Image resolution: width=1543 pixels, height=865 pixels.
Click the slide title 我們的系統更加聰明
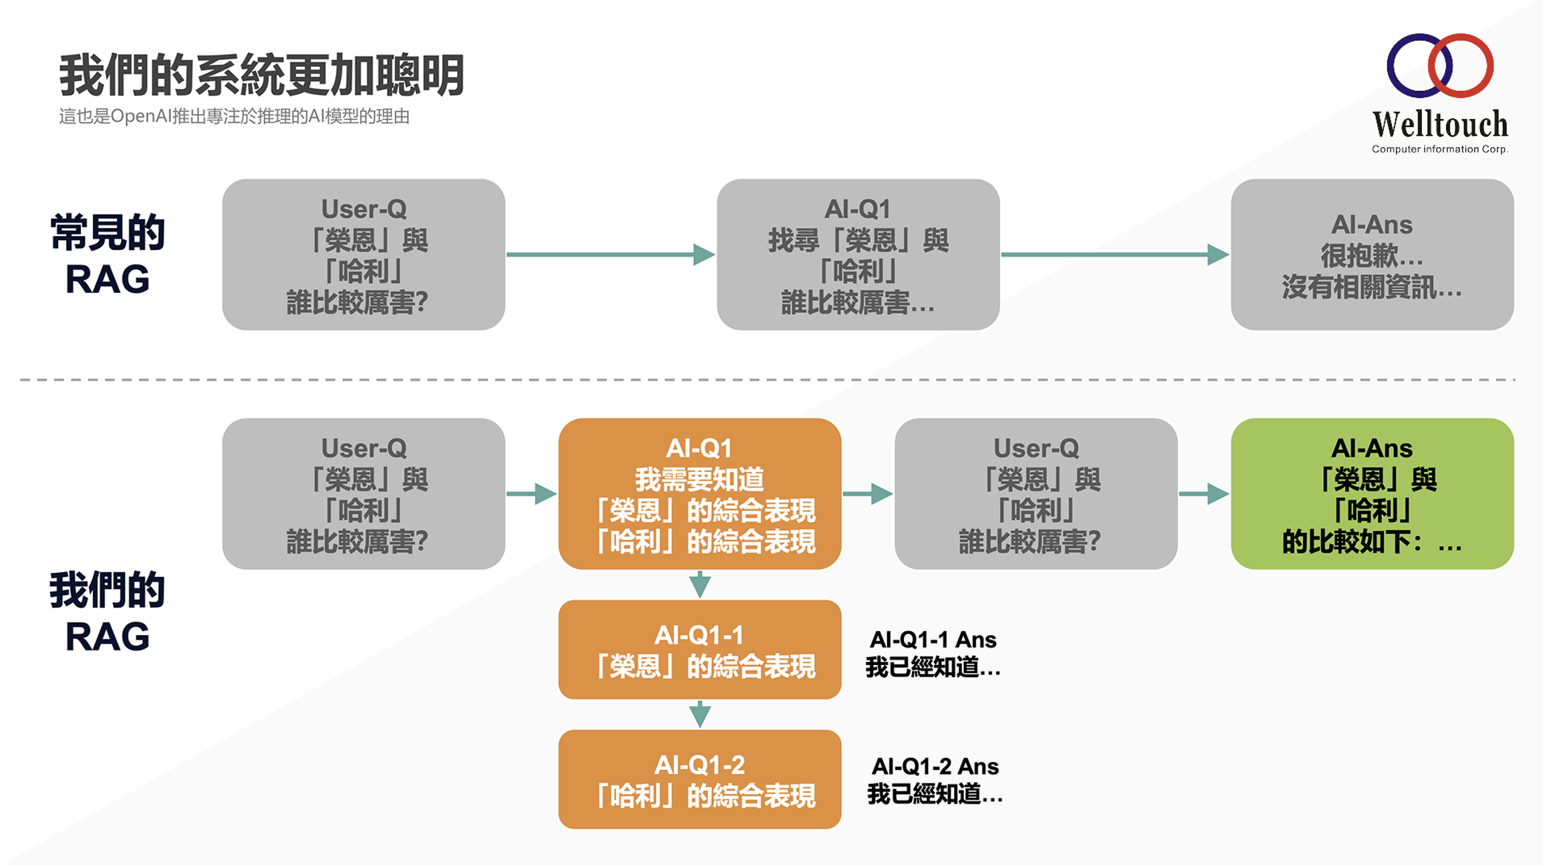point(261,75)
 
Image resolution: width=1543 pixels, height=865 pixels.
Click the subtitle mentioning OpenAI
point(234,116)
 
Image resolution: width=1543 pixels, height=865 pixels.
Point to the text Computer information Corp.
point(1439,149)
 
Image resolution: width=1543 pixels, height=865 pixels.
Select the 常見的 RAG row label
point(107,255)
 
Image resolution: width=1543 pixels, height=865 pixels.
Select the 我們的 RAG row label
point(107,612)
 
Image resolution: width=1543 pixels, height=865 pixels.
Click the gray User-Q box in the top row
point(363,255)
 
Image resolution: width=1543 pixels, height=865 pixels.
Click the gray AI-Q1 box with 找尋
point(858,255)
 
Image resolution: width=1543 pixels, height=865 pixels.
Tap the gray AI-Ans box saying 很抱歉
point(1372,255)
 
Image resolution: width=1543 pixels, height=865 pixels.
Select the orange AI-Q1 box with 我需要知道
point(699,494)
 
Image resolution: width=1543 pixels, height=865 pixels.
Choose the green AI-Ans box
point(1372,494)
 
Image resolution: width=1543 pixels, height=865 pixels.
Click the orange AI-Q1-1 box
point(699,650)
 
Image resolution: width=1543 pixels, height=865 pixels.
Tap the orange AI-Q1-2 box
point(699,779)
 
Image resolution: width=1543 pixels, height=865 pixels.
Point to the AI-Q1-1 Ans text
point(933,653)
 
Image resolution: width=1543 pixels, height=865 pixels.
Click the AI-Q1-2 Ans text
point(935,779)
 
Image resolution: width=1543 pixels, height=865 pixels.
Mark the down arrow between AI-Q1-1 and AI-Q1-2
point(699,715)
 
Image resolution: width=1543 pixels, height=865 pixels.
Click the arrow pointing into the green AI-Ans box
point(1203,494)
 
